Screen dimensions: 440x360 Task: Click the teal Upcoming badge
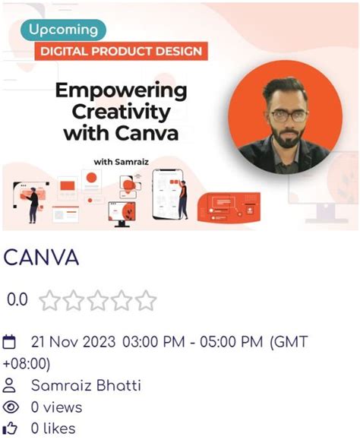(63, 30)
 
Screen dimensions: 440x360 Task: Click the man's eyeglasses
(283, 116)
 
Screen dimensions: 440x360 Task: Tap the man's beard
(283, 140)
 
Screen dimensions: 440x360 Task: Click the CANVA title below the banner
(41, 258)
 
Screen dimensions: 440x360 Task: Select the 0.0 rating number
(17, 300)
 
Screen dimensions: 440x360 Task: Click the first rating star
(50, 301)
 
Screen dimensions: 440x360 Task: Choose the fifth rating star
(145, 301)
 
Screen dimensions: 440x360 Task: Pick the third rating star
(98, 301)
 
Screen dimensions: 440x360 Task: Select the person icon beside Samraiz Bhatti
(11, 385)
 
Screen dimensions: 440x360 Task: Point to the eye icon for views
(11, 407)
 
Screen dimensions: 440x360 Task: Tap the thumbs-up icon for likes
(11, 429)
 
